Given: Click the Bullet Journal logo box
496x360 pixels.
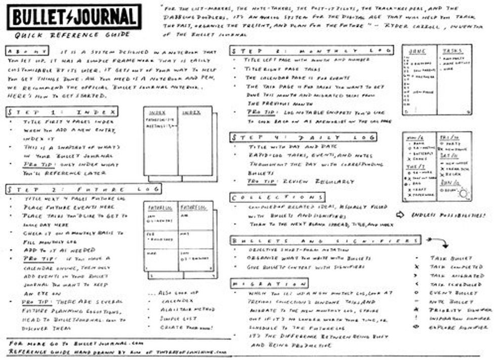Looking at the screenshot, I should click(74, 17).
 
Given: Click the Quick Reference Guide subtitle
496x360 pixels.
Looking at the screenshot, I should click(71, 35).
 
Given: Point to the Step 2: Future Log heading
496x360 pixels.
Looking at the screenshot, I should click(84, 189).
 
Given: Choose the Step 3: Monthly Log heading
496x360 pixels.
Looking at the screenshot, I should click(312, 51).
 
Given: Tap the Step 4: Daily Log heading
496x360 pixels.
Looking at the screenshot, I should click(303, 137).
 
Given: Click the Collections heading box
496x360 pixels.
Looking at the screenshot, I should click(277, 197).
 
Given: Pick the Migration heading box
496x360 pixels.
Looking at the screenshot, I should click(268, 283).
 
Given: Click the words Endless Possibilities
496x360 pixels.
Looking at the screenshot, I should click(447, 215).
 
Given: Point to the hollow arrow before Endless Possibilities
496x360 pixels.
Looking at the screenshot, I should click(400, 215).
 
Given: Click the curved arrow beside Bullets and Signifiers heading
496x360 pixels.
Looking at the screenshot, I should click(437, 242).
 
